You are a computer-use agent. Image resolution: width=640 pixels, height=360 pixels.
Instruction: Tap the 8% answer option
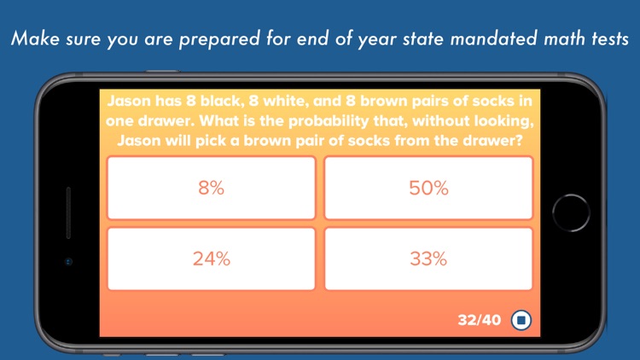[211, 189]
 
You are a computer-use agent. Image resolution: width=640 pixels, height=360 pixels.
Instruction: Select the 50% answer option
[428, 189]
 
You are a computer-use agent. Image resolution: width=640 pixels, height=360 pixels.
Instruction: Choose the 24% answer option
[211, 259]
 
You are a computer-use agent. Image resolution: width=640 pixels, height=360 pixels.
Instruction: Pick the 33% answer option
[428, 259]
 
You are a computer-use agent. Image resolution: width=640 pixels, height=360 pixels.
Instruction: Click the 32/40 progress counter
[480, 321]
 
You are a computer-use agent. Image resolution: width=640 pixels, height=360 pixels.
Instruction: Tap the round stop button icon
[521, 321]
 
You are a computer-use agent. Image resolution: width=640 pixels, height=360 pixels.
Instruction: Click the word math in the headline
[536, 39]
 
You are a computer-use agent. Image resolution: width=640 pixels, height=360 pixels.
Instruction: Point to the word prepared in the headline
[211, 39]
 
